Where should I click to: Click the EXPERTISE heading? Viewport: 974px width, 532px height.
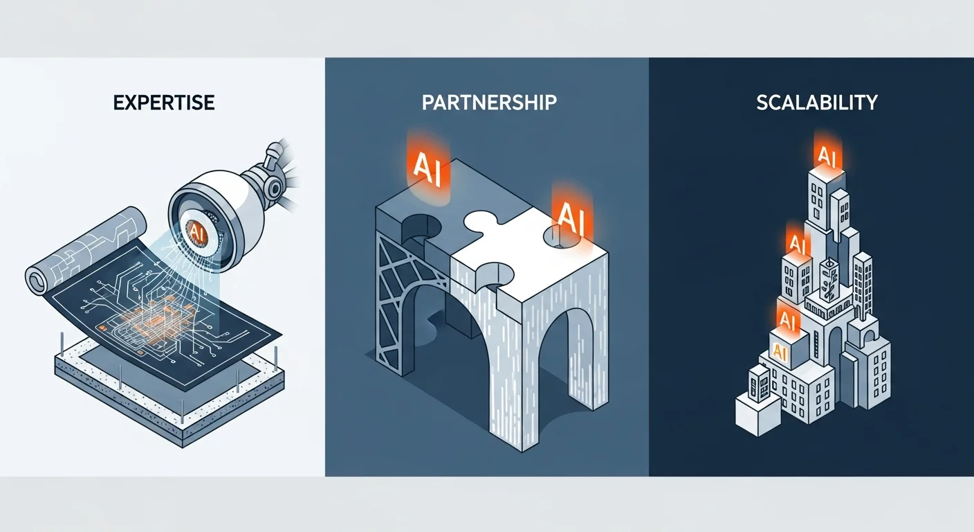164,103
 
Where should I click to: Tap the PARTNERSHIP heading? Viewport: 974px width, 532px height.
489,103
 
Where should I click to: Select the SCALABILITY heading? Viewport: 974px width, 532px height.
817,103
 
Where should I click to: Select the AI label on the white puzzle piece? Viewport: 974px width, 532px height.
571,219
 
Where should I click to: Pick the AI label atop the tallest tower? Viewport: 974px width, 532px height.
827,157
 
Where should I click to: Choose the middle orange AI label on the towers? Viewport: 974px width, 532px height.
797,243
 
